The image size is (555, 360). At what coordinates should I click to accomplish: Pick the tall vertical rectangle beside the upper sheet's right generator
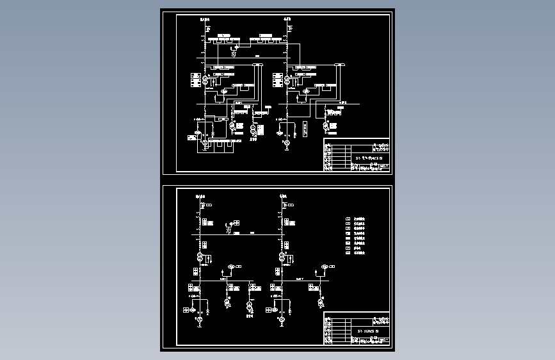click(x=305, y=127)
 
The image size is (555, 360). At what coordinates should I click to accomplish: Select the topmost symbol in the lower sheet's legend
click(x=348, y=218)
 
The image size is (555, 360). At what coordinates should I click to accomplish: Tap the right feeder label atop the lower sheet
click(x=282, y=195)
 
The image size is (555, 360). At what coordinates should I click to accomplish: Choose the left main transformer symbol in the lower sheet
click(x=200, y=257)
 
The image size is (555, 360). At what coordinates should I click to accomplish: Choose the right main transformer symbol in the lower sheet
click(x=282, y=257)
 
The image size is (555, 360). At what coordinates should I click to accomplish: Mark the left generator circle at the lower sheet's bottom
click(x=199, y=319)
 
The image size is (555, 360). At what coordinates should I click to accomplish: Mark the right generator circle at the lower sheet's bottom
click(x=281, y=319)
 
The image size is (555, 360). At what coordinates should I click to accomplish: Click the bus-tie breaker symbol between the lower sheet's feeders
click(x=228, y=227)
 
